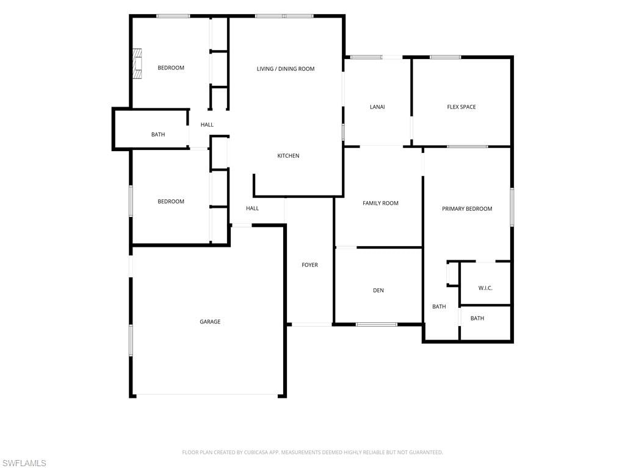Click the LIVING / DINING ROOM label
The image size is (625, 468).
pos(286,69)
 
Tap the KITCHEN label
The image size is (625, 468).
pos(288,155)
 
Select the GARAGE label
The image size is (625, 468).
pos(210,322)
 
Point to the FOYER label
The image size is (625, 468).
pos(309,265)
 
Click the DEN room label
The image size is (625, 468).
pos(378,291)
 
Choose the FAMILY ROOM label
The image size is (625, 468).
pos(380,204)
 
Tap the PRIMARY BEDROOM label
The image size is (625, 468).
pos(467,209)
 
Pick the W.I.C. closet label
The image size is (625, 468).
pos(485,288)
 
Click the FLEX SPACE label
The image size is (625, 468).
pos(461,107)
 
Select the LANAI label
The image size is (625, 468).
pos(377,107)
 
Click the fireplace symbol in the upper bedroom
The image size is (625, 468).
pos(137,63)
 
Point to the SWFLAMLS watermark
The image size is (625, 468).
pos(23,463)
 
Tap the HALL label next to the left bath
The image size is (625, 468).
pos(207,125)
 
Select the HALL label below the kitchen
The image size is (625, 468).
pos(252,208)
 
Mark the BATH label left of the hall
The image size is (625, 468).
pos(158,135)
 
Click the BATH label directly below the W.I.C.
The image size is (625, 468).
pos(477,318)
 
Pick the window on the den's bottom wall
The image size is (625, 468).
pos(376,325)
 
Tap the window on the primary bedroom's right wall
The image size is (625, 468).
pos(512,207)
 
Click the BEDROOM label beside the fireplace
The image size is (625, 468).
pos(171,68)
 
